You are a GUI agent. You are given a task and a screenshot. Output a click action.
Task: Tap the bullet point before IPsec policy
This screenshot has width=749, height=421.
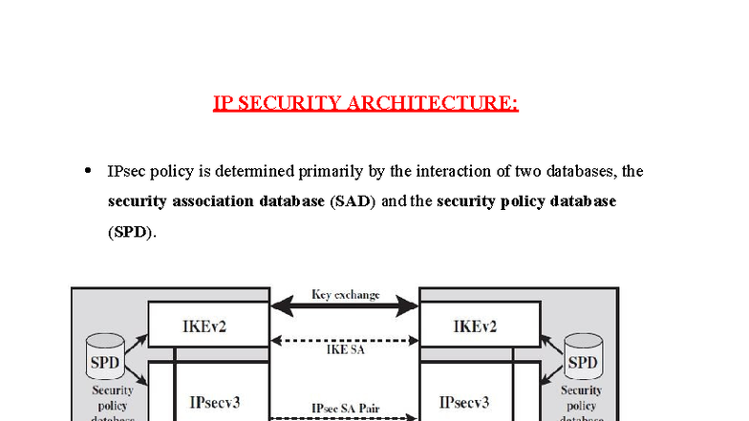click(x=88, y=171)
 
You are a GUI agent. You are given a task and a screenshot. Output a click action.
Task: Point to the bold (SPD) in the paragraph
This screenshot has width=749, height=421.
click(x=130, y=232)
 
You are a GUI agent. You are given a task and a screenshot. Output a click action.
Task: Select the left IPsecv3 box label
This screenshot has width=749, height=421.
click(x=215, y=402)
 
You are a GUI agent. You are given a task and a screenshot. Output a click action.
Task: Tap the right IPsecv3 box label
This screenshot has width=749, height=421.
click(x=465, y=402)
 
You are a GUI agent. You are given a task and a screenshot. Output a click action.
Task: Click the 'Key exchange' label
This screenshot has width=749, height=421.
click(x=345, y=294)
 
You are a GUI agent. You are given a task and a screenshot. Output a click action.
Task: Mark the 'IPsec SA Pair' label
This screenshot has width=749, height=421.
click(x=345, y=408)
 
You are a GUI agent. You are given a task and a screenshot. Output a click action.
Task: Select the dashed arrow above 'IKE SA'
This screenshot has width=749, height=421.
click(x=345, y=340)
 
